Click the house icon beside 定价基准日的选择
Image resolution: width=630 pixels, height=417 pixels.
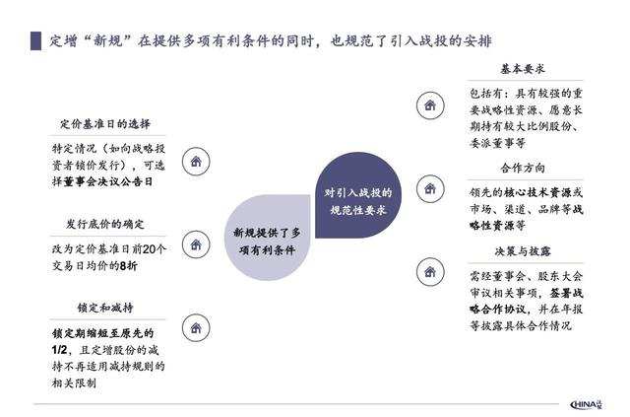(197, 161)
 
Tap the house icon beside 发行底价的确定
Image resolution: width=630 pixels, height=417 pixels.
(197, 243)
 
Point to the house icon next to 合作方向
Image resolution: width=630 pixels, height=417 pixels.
(429, 186)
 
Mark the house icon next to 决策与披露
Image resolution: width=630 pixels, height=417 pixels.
(429, 269)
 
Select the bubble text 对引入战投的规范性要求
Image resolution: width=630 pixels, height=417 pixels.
(358, 201)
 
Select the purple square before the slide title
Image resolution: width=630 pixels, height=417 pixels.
(36, 41)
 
